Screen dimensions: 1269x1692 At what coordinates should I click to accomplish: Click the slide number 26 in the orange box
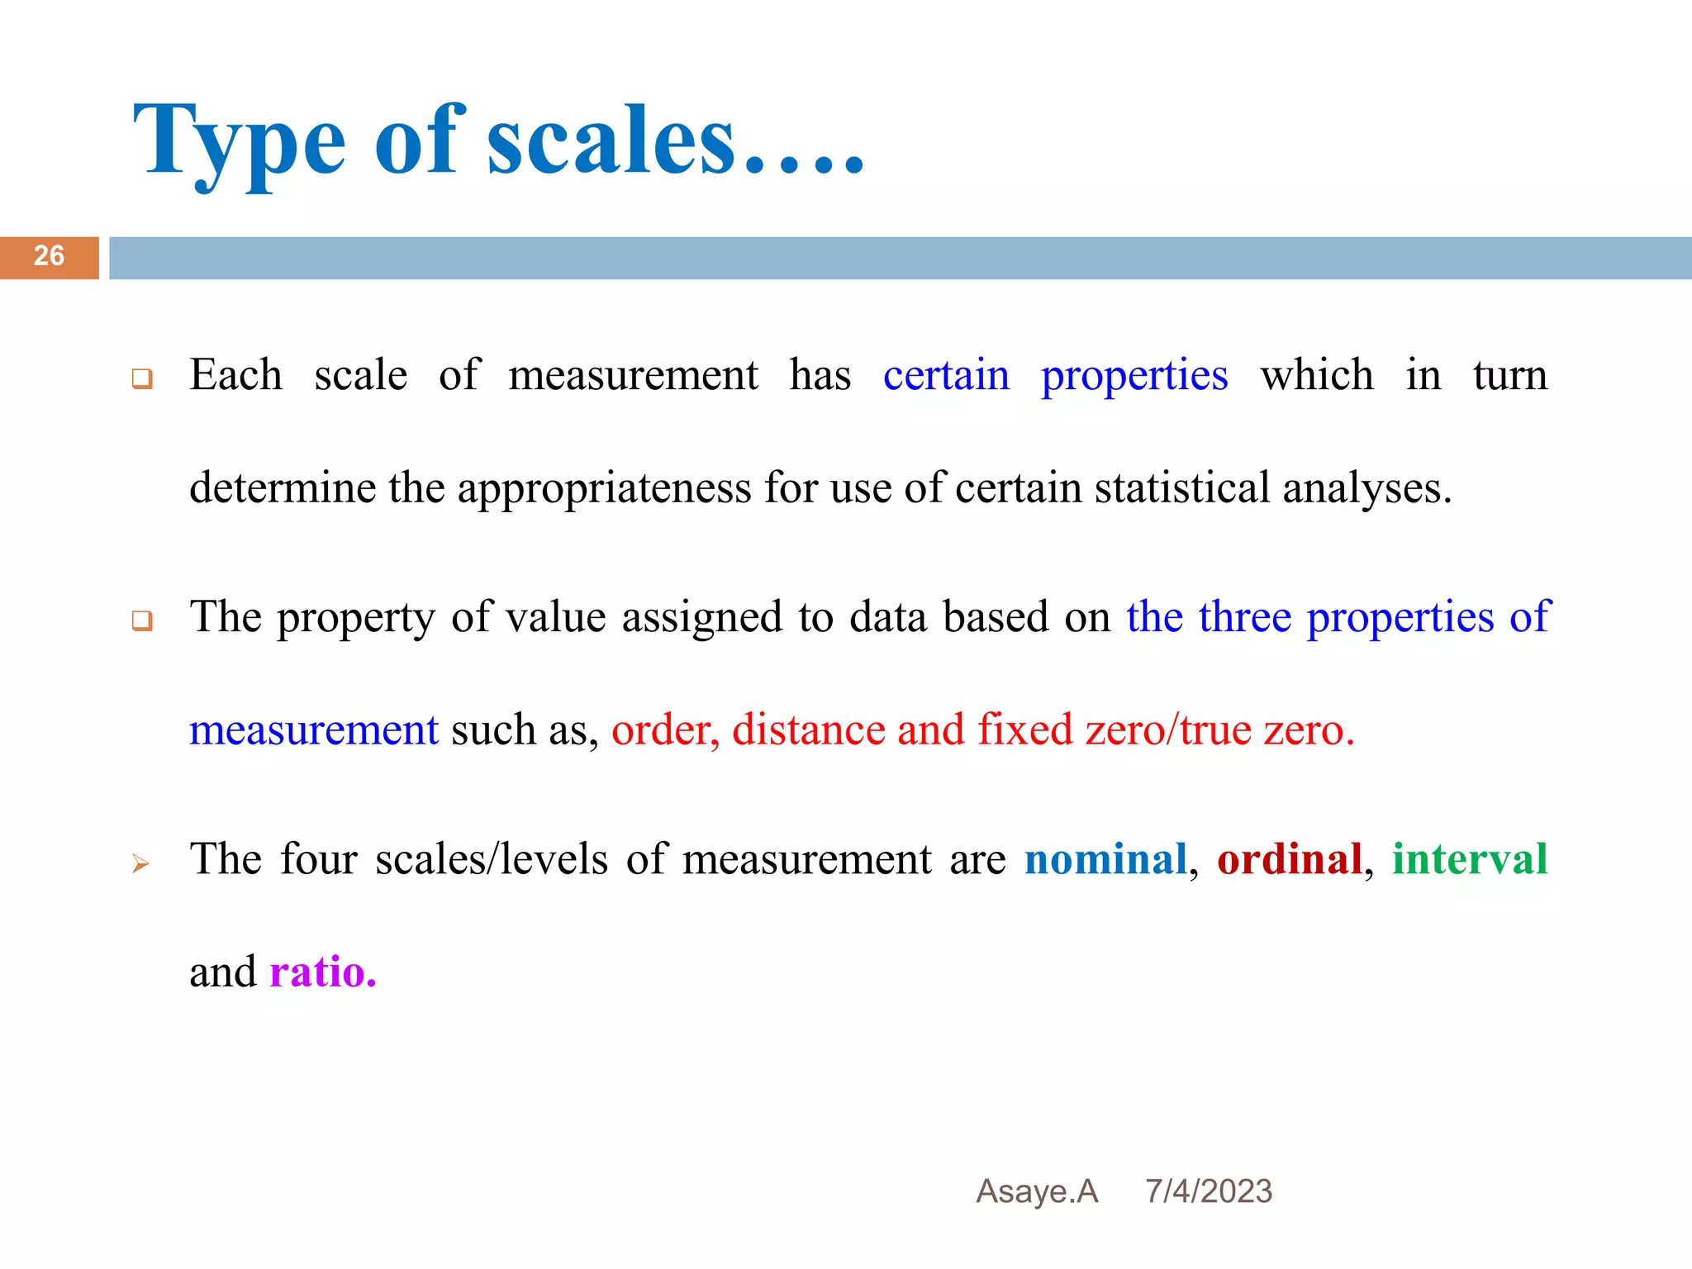[49, 256]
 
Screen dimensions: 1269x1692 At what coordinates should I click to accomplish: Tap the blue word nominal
[1105, 859]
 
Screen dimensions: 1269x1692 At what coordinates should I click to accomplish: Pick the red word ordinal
[1289, 859]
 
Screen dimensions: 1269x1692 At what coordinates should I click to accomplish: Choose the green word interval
[1470, 859]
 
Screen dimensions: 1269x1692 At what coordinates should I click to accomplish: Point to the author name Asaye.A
[1037, 1191]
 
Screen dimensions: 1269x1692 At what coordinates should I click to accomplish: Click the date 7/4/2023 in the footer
[1208, 1191]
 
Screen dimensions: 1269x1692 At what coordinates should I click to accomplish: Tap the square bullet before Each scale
[142, 380]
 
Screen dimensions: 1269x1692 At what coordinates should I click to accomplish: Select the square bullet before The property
[142, 621]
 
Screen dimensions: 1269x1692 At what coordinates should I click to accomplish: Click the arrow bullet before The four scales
[141, 864]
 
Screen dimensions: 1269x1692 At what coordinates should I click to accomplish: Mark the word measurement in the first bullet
[633, 376]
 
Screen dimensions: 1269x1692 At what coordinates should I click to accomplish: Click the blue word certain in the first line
[946, 376]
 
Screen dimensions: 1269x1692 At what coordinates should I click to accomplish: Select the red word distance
[809, 730]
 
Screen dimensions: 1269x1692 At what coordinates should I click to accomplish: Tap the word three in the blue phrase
[1244, 617]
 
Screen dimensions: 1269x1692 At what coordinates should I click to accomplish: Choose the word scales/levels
[492, 859]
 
